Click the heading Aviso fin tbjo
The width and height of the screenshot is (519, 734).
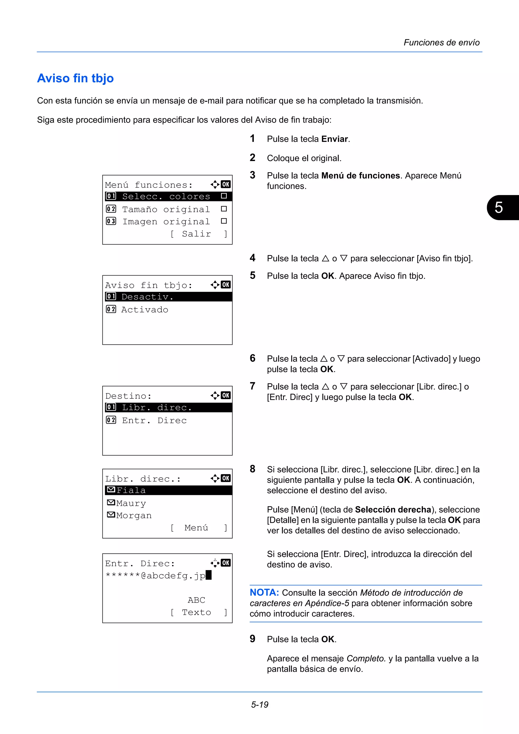pyautogui.click(x=76, y=78)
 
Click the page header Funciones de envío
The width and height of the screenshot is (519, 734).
pyautogui.click(x=441, y=43)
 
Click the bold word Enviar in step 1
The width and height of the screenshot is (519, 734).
pyautogui.click(x=335, y=139)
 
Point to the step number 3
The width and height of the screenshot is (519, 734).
pyautogui.click(x=253, y=175)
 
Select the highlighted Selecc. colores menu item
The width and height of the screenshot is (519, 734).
pyautogui.click(x=166, y=196)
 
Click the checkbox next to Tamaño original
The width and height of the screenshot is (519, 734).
pyautogui.click(x=224, y=209)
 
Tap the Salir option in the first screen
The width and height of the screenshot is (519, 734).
pyautogui.click(x=196, y=234)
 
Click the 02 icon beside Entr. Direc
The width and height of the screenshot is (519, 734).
pyautogui.click(x=111, y=420)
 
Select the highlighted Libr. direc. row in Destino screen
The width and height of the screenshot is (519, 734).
pyautogui.click(x=157, y=408)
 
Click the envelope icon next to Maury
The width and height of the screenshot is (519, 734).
pyautogui.click(x=111, y=503)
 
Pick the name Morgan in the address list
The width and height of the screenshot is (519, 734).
pyautogui.click(x=134, y=515)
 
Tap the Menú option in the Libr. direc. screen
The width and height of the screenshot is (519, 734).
pyautogui.click(x=196, y=528)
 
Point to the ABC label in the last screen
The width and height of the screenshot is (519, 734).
pyautogui.click(x=196, y=600)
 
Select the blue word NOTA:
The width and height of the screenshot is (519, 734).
pyautogui.click(x=264, y=593)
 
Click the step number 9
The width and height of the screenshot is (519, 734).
pyautogui.click(x=253, y=639)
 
